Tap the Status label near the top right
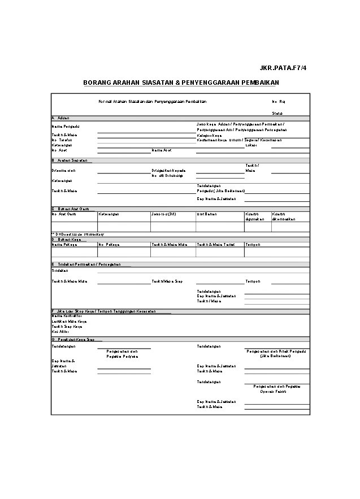click(277, 113)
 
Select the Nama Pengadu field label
click(65, 127)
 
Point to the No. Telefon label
click(62, 140)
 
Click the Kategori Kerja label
click(209, 136)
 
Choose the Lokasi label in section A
click(251, 145)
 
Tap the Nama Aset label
click(162, 150)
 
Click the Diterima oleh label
click(63, 170)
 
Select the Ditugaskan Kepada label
click(168, 170)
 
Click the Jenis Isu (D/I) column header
click(163, 214)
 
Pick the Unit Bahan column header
click(207, 214)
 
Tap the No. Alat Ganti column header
click(63, 214)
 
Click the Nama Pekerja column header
click(64, 245)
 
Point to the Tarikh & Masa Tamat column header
click(215, 245)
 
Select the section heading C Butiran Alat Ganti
click(70, 209)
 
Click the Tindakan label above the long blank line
click(59, 271)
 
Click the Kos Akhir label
click(60, 331)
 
